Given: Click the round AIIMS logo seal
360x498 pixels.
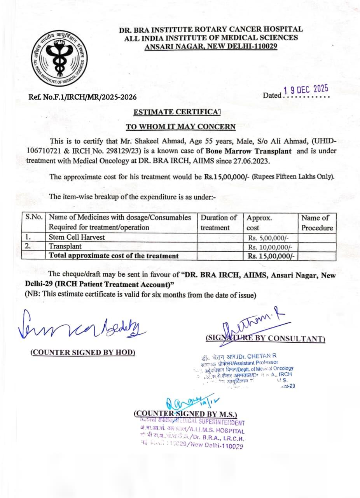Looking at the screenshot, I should [59, 58].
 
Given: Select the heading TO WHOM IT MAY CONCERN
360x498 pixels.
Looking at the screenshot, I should [180, 126].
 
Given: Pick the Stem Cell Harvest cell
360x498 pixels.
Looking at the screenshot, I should [77, 237].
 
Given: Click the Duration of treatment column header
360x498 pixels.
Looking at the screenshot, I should [218, 223].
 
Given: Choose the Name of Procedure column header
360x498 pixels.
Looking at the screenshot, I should [317, 223].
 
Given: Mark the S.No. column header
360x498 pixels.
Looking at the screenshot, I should [34, 218].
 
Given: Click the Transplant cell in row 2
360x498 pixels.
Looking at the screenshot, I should [65, 246].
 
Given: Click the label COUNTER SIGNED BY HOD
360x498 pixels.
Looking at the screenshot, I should [83, 352].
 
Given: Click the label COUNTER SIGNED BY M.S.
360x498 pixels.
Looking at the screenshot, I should [185, 414].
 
